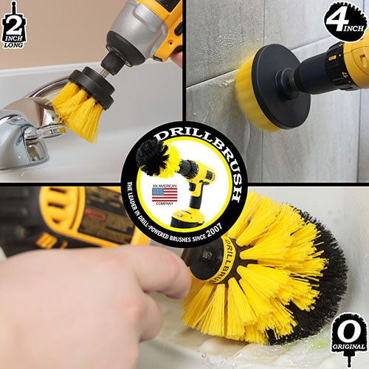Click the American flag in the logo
coord(164,194)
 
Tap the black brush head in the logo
coord(154,156)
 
